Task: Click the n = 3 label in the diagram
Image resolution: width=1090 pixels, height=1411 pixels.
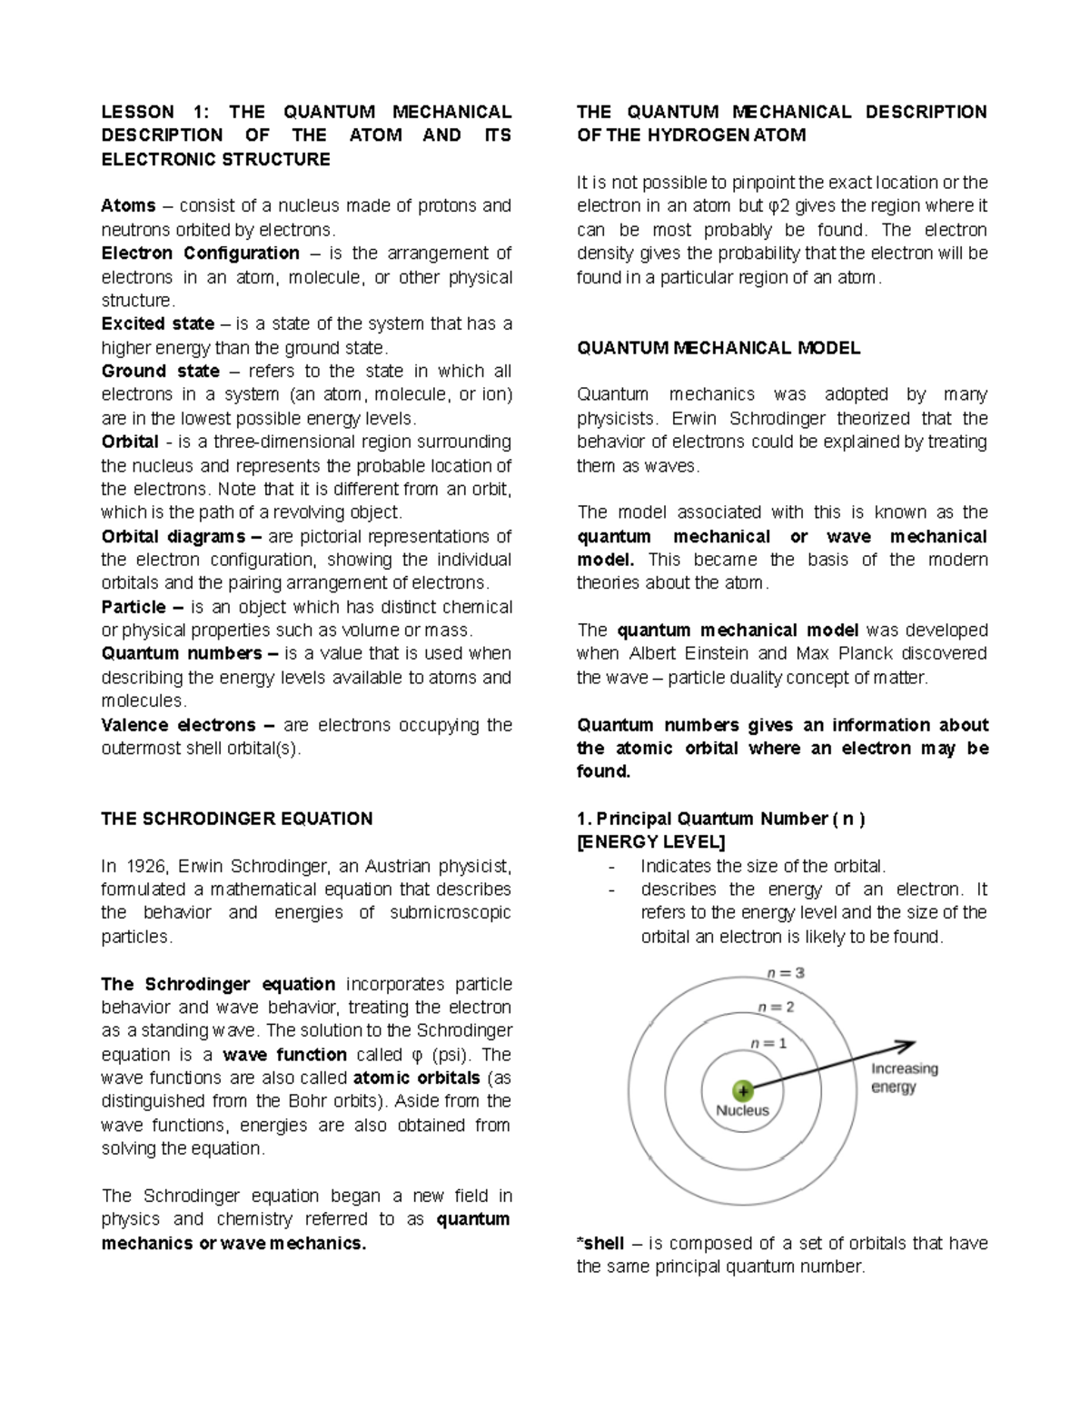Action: pos(785,972)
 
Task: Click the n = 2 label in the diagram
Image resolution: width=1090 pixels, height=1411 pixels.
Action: pos(776,1007)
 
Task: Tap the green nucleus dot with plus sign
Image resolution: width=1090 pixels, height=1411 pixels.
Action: pos(743,1089)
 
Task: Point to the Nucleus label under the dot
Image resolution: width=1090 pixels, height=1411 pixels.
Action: pos(742,1110)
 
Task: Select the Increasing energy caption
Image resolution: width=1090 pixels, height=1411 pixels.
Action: pos(904,1078)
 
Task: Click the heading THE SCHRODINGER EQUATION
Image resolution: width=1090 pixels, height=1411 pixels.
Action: pos(236,819)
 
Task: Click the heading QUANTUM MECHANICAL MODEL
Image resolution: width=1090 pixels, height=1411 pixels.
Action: pos(718,348)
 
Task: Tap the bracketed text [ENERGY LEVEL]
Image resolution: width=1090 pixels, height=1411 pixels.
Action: pos(651,842)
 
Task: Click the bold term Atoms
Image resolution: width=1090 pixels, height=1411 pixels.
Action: pos(128,206)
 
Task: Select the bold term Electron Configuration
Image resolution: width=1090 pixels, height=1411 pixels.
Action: pos(200,253)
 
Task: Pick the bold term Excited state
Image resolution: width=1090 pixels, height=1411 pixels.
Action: pos(157,324)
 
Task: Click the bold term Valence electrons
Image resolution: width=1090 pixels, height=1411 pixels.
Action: pos(178,725)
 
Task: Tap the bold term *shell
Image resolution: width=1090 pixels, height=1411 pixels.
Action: pos(600,1243)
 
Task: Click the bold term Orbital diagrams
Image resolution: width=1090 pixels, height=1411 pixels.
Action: pos(173,536)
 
